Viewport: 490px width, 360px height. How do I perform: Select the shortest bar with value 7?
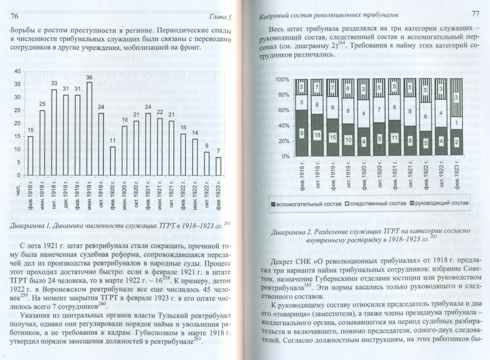[219, 166]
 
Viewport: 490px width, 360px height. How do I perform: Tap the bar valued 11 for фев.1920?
[113, 161]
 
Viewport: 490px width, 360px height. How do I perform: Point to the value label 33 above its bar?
[54, 84]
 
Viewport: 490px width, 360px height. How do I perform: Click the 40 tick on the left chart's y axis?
[17, 71]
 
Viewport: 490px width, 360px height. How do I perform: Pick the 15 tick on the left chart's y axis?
[17, 136]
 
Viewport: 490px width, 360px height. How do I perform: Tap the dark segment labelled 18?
[317, 135]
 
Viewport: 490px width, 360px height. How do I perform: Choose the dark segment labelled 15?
[333, 137]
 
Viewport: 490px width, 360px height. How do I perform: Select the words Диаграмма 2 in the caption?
[289, 232]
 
